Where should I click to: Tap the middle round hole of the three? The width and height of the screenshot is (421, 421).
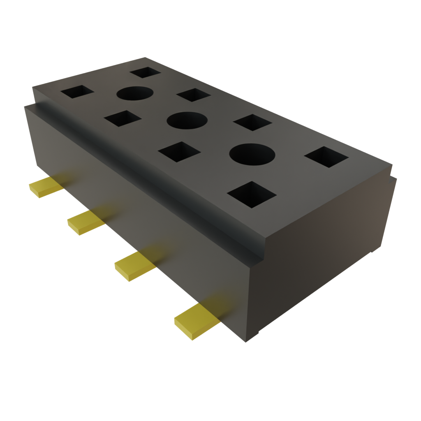186,121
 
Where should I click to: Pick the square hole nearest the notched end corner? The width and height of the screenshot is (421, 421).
327,157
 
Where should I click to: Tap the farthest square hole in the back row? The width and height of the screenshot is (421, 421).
145,73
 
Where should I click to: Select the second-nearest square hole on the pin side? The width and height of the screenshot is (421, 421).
179,152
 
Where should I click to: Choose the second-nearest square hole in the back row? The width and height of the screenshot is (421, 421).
252,123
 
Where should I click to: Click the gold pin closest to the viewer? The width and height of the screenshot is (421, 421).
193,323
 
